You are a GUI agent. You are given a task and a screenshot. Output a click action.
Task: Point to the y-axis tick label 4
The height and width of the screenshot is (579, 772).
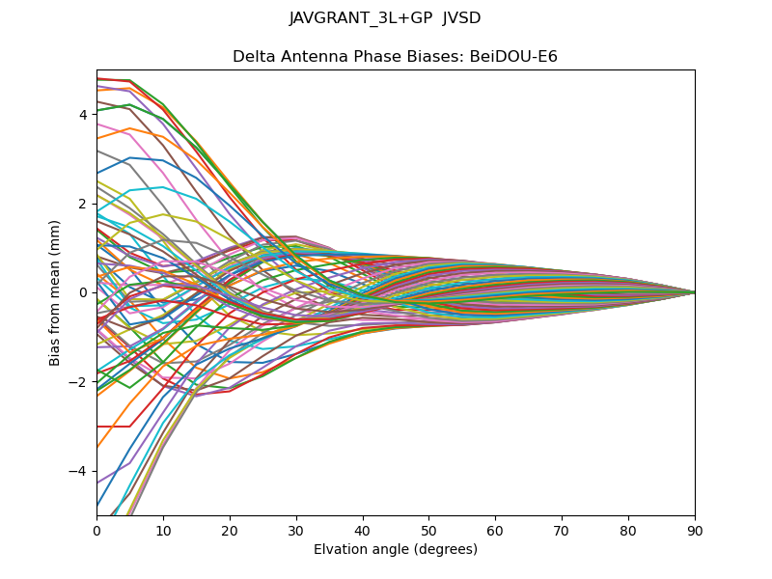[x=84, y=114]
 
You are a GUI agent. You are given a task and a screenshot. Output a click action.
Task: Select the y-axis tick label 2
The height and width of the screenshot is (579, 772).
[x=84, y=204]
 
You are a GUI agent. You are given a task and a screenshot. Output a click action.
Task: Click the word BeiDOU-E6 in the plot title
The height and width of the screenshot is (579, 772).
[x=513, y=57]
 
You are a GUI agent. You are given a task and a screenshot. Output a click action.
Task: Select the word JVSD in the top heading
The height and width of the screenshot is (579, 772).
[x=461, y=18]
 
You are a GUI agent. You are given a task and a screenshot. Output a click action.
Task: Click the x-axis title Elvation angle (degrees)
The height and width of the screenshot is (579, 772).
[x=396, y=549]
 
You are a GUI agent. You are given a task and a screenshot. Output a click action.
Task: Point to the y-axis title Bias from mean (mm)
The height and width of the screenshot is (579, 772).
[x=56, y=292]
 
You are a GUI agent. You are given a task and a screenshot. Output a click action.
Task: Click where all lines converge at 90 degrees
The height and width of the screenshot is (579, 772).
[x=694, y=292]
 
